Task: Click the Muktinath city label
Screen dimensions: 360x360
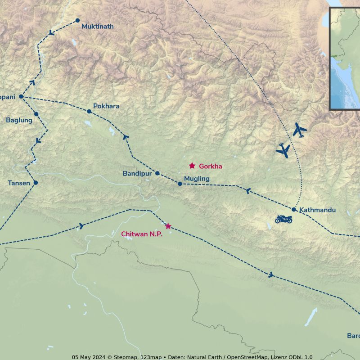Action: point(97,27)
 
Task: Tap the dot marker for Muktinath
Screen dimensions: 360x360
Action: point(77,20)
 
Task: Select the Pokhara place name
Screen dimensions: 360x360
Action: point(106,106)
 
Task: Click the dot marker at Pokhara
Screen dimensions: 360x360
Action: point(89,111)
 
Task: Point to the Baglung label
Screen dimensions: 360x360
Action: point(19,120)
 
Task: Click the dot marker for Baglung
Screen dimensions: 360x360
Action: point(36,114)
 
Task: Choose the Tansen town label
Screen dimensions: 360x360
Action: point(19,183)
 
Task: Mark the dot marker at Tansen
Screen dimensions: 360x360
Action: point(36,183)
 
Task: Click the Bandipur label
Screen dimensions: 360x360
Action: point(137,174)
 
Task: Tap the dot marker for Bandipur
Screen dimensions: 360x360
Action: point(157,173)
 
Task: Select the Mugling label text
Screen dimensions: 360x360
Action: point(197,179)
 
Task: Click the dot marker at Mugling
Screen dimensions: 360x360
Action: point(180,184)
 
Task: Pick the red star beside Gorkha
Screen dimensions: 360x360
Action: point(192,166)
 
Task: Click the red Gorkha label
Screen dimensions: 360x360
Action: point(211,166)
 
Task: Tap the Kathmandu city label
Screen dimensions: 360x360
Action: point(317,210)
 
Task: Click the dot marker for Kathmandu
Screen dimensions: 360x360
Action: point(294,209)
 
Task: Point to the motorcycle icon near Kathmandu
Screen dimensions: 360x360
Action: point(284,219)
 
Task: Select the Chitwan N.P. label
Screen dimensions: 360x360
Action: point(142,234)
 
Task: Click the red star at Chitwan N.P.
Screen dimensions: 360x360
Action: point(168,226)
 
